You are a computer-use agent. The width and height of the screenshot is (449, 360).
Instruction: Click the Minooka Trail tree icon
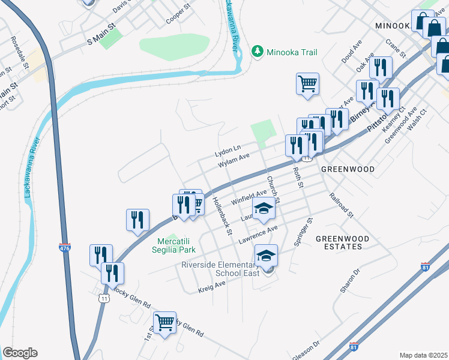point(258,52)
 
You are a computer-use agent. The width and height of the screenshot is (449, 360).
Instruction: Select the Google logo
point(20,353)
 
